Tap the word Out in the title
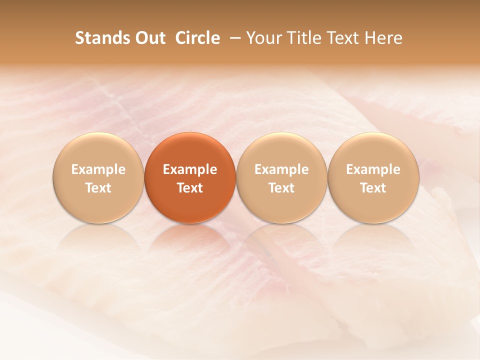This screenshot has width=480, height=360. [149, 38]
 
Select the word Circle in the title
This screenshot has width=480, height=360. [197, 38]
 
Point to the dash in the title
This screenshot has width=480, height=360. [233, 38]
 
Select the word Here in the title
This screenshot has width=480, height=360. [384, 38]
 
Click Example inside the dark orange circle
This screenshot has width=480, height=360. [190, 169]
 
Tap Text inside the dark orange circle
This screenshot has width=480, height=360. [190, 188]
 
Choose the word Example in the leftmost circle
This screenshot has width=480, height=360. [98, 169]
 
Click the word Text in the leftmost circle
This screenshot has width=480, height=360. [98, 188]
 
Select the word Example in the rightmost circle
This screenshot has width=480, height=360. [373, 169]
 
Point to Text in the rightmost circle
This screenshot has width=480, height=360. [373, 188]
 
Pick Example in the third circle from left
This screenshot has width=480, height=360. [281, 169]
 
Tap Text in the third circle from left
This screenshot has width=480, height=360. [281, 188]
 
